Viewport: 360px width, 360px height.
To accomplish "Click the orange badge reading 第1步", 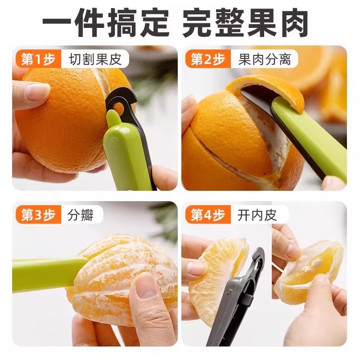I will [38, 59].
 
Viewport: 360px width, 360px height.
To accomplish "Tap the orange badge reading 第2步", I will [207, 59].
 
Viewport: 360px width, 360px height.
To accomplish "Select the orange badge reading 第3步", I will [38, 215].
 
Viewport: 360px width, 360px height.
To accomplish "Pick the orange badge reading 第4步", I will [207, 215].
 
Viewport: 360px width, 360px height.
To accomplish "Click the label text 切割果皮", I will [95, 59].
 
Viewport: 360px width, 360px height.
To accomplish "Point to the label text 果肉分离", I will [265, 59].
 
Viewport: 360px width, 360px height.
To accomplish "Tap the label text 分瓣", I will [81, 215].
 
